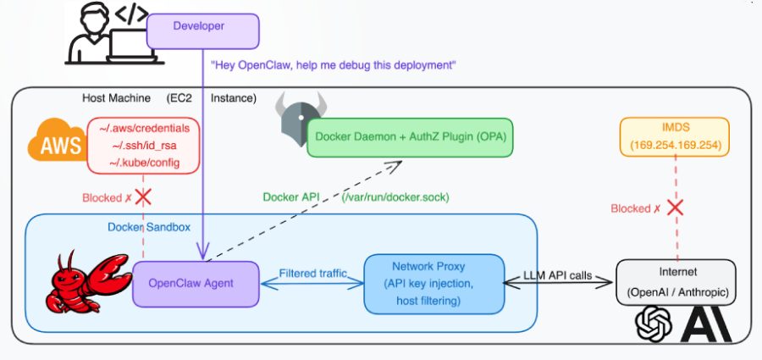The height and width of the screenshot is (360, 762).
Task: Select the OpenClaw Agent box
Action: (x=196, y=282)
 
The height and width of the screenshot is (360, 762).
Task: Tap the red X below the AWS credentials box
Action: (x=144, y=197)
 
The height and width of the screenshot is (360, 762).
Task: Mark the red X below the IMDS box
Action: (x=676, y=208)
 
